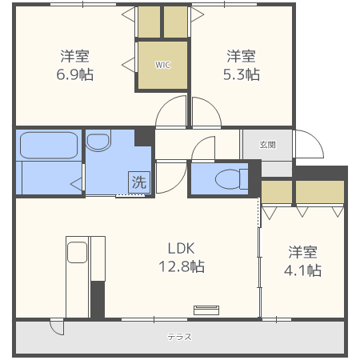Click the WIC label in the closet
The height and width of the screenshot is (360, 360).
[x=162, y=65]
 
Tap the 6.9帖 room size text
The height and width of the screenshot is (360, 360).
[x=75, y=74]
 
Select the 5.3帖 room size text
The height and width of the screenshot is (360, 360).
[x=242, y=74]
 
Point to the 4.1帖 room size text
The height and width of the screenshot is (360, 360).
[x=302, y=270]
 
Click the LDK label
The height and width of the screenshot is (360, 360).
[x=181, y=249]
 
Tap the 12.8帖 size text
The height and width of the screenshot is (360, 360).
[x=182, y=266]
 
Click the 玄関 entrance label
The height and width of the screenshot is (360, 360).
[x=267, y=145]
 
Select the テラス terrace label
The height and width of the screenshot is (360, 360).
[x=179, y=337]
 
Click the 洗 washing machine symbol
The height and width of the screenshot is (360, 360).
[x=139, y=182]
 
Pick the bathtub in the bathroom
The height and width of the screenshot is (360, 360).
[x=49, y=146]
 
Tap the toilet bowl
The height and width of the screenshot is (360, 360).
[x=228, y=179]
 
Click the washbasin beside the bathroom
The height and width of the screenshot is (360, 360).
[x=98, y=141]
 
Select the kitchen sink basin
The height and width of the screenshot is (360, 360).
[x=77, y=252]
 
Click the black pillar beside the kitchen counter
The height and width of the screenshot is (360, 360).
[x=98, y=299]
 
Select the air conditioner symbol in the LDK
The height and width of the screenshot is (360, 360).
[x=206, y=310]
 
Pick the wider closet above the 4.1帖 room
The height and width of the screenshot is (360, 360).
[x=320, y=192]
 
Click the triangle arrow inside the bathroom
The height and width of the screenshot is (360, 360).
[x=76, y=184]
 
